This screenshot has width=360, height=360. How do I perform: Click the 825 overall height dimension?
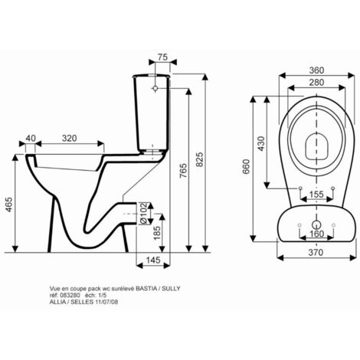click(200, 159)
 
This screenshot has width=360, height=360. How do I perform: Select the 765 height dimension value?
click(183, 171)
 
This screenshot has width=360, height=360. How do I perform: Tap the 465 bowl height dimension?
click(9, 205)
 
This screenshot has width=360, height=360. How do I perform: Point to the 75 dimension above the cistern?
click(162, 57)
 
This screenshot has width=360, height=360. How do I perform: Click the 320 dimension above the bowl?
click(69, 138)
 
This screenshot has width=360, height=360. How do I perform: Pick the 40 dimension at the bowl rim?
click(31, 138)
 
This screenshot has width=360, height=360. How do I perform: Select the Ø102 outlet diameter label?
click(143, 214)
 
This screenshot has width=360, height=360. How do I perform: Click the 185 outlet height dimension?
click(156, 233)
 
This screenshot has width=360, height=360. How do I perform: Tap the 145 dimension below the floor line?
click(153, 260)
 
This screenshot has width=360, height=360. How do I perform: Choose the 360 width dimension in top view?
click(316, 70)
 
